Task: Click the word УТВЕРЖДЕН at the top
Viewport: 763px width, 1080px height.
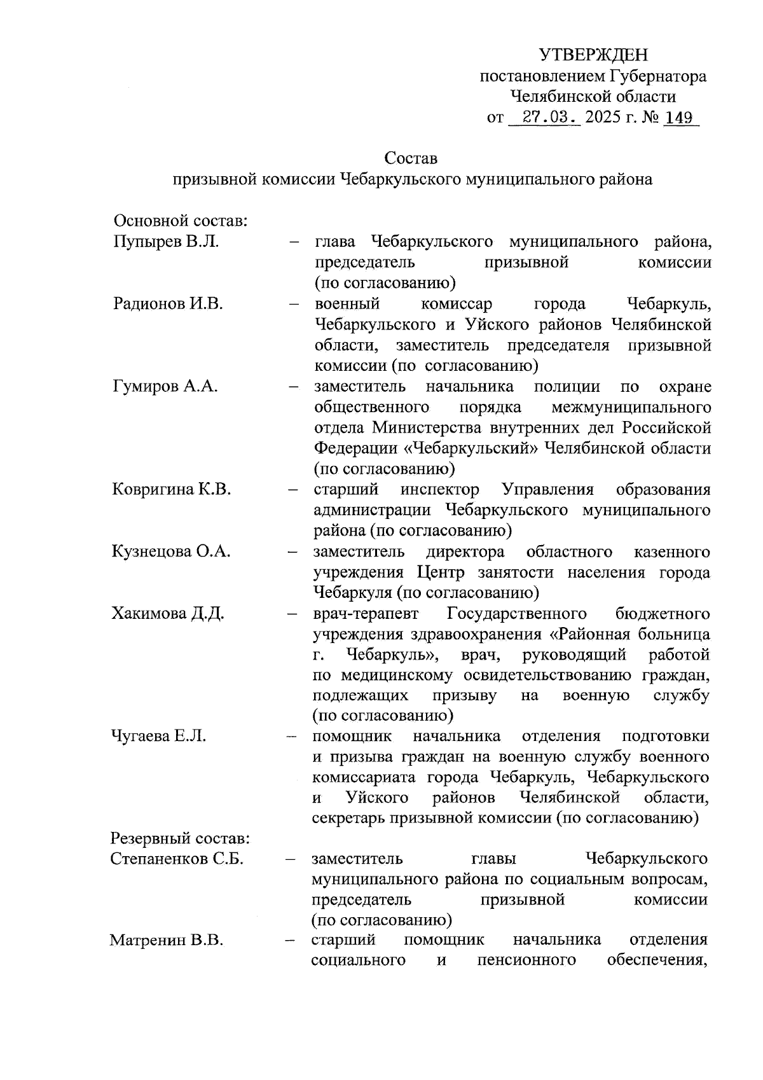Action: point(593,55)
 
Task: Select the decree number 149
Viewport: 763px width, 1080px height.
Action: point(679,118)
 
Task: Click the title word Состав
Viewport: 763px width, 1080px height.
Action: point(411,158)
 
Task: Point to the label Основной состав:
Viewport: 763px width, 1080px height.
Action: point(180,221)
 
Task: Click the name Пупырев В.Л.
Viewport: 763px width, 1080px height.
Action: point(166,242)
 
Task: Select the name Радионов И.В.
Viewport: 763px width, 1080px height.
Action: point(168,303)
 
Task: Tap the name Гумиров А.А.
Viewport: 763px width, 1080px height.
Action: point(165,386)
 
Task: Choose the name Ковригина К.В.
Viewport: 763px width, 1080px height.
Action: point(172,489)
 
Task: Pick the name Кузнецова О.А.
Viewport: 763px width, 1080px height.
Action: point(171,551)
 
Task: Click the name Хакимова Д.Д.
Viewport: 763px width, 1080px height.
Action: point(168,613)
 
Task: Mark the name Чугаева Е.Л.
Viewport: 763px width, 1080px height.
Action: point(159,736)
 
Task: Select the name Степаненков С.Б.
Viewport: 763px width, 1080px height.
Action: point(177,859)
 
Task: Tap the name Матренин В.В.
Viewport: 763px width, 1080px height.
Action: point(166,940)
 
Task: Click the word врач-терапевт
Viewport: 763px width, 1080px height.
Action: point(366,613)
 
